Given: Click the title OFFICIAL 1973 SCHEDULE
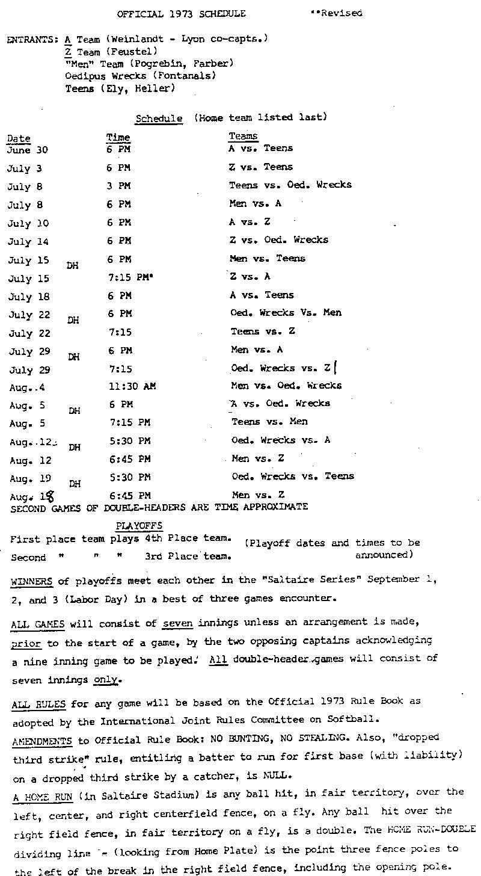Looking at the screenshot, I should click(x=181, y=13).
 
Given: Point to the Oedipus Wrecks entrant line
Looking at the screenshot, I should click(x=140, y=76).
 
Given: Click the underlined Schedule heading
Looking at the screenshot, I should click(x=159, y=119).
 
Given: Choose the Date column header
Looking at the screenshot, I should click(x=19, y=139).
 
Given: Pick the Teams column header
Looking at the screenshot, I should click(x=243, y=137).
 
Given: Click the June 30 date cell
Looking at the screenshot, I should click(x=27, y=150).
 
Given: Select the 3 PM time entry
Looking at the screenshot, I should click(x=118, y=186).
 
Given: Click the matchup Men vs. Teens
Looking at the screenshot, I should click(x=268, y=259).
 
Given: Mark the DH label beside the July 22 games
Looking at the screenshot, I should click(x=73, y=321).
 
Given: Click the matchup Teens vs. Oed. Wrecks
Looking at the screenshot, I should click(x=290, y=185).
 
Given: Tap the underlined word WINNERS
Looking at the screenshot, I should click(x=32, y=581).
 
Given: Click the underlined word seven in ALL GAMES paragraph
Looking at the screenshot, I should click(x=177, y=623).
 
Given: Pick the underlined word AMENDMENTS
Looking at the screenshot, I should click(x=41, y=741).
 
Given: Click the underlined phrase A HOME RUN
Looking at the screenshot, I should click(x=42, y=797).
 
